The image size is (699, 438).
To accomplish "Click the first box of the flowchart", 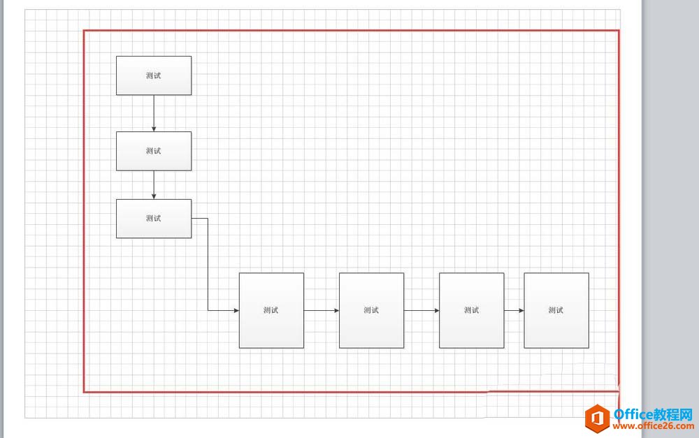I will (154, 75).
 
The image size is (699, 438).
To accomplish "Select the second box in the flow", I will (154, 151).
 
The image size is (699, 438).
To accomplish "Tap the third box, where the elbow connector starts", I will (154, 219).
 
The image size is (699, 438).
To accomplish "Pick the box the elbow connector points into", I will (271, 310).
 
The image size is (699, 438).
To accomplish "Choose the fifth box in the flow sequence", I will (371, 310).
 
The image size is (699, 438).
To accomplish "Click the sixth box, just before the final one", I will (471, 310).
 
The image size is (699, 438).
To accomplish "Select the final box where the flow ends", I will (556, 310).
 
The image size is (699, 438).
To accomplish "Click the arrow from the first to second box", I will (154, 112).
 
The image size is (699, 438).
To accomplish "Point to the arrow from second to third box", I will (154, 184).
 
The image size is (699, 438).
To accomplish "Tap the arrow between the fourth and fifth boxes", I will (322, 310).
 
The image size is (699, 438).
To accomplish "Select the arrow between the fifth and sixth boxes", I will (421, 310).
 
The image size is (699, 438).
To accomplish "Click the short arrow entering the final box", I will (514, 310).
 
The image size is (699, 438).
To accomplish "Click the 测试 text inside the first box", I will (154, 75).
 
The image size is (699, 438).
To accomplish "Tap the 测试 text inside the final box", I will (556, 310).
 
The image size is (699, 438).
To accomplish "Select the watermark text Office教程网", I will (652, 412).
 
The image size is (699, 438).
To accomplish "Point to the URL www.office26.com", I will (652, 425).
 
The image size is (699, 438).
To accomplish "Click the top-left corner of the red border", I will (84, 31).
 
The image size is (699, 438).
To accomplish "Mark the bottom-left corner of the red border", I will (84, 392).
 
